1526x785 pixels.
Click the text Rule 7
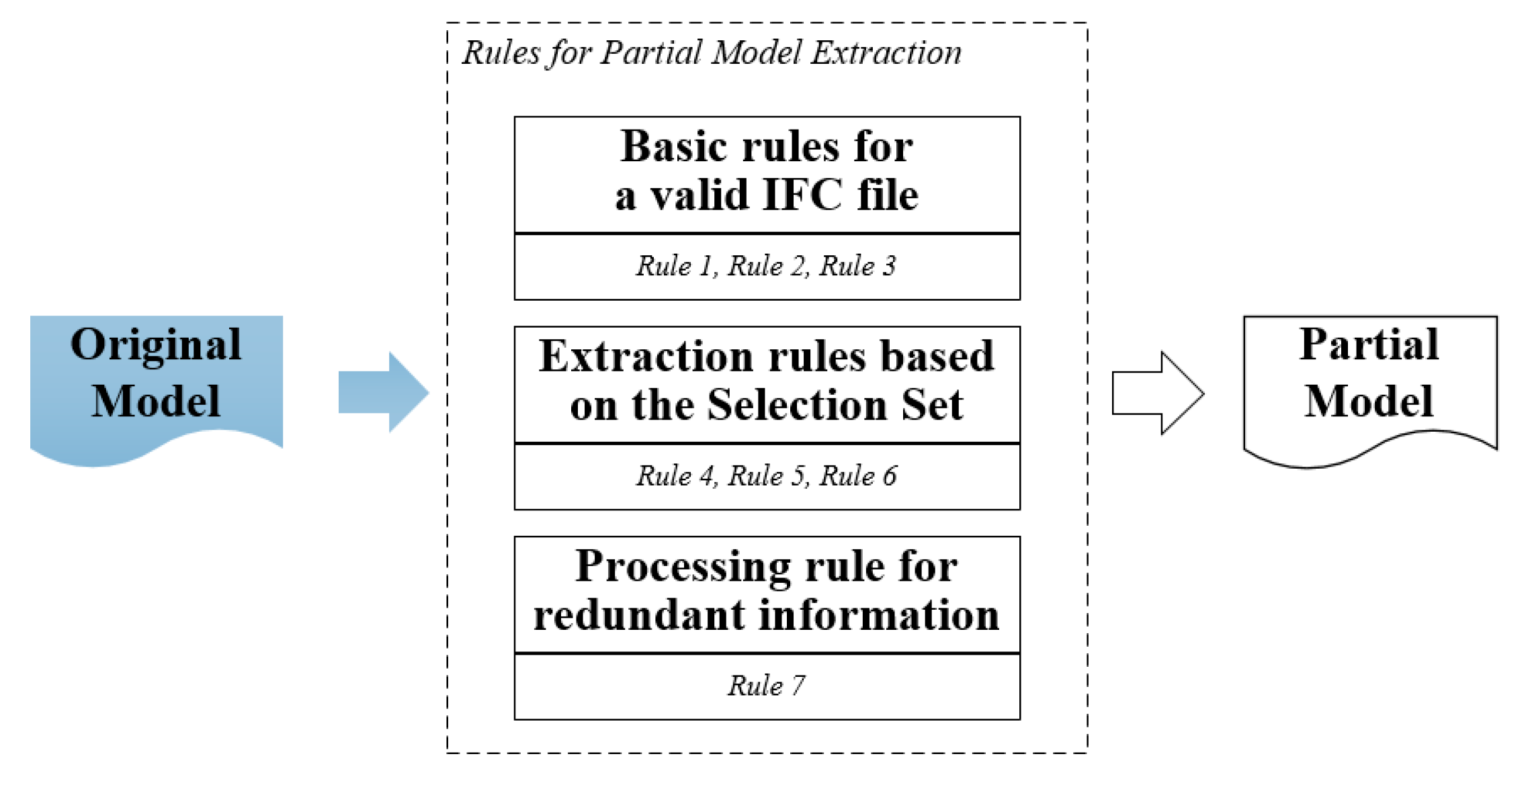click(x=767, y=686)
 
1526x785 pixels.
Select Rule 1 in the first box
click(x=675, y=266)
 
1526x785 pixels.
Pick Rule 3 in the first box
click(x=858, y=266)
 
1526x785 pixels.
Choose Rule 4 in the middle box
click(x=675, y=475)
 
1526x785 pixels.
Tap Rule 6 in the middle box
click(x=858, y=475)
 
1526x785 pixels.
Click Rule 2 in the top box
click(x=767, y=266)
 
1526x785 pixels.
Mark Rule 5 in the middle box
click(x=767, y=475)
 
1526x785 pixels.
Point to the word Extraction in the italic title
click(x=886, y=52)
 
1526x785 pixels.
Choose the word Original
click(x=156, y=345)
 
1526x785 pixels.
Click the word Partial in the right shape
click(x=1369, y=344)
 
